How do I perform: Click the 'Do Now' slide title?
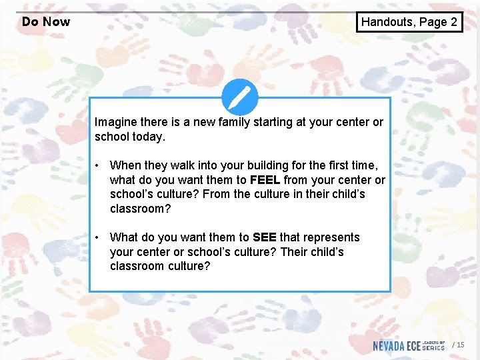pyautogui.click(x=45, y=21)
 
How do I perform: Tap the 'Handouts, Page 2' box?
pyautogui.click(x=409, y=22)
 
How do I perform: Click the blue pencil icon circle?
pyautogui.click(x=239, y=98)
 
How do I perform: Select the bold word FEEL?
pyautogui.click(x=265, y=180)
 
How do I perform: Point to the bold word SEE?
pyautogui.click(x=265, y=237)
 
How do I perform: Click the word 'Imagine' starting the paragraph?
pyautogui.click(x=115, y=122)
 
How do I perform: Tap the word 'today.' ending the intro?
pyautogui.click(x=148, y=137)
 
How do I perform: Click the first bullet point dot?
pyautogui.click(x=97, y=165)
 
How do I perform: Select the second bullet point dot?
pyautogui.click(x=97, y=237)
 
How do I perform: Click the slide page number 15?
pyautogui.click(x=460, y=345)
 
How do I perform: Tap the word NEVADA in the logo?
pyautogui.click(x=388, y=345)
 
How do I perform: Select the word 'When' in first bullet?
pyautogui.click(x=125, y=165)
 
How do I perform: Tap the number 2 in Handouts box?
pyautogui.click(x=453, y=22)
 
